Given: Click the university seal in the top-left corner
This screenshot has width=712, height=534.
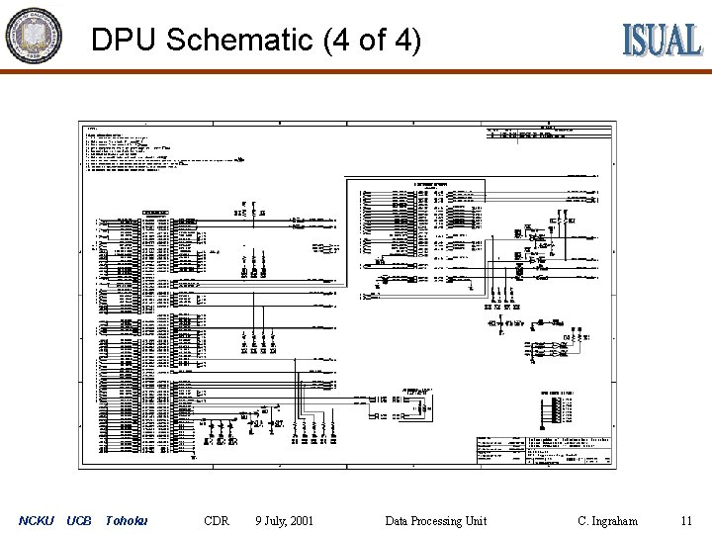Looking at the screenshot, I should click(34, 36).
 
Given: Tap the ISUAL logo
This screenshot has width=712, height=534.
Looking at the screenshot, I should click(662, 40).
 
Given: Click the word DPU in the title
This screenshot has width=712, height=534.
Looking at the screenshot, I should click(125, 41).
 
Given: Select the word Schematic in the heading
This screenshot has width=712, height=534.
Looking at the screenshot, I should click(239, 41).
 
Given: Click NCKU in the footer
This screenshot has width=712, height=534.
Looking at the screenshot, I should click(37, 520).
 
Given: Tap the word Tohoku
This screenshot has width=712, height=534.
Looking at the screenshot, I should click(126, 520).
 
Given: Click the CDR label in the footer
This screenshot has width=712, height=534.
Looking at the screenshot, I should click(216, 520).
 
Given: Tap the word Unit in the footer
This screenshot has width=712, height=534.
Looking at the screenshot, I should click(476, 520).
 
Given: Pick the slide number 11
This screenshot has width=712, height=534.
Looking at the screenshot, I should click(686, 520).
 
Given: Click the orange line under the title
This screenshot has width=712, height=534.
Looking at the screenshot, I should click(356, 69).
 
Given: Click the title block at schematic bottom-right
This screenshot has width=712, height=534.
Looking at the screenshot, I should click(544, 451).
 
